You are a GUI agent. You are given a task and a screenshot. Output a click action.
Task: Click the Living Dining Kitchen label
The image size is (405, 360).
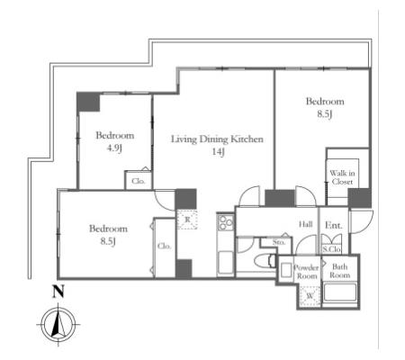click(x=217, y=139)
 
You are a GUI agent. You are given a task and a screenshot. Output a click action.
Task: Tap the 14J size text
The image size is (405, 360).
click(x=218, y=152)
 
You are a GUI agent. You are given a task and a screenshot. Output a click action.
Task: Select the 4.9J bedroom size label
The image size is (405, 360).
click(x=114, y=148)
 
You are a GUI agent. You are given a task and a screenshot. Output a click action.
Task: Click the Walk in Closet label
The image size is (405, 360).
click(x=342, y=177)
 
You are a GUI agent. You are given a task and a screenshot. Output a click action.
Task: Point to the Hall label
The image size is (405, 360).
click(x=305, y=224)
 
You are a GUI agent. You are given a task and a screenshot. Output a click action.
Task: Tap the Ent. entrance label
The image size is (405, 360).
click(x=334, y=225)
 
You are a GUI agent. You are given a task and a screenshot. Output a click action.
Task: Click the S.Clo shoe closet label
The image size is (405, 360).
click(x=331, y=249)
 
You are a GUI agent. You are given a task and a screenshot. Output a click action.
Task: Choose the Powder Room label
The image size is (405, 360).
click(x=306, y=272)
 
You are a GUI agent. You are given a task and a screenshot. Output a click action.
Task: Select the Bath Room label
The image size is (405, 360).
click(x=340, y=271)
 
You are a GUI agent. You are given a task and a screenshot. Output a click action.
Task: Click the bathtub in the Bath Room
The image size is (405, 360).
click(x=340, y=292)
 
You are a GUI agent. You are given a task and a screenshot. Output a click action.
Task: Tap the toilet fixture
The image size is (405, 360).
click(x=265, y=260)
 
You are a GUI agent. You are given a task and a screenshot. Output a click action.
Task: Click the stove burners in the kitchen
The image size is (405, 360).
click(x=226, y=222)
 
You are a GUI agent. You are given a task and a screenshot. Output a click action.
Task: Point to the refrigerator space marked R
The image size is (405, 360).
click(x=187, y=220)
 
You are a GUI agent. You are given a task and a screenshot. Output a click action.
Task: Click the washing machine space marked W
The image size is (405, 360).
click(x=310, y=296)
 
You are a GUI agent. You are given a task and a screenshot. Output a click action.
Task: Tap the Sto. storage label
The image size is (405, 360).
click(x=279, y=242)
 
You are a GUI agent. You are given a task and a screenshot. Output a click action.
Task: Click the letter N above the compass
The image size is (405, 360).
click(x=58, y=291)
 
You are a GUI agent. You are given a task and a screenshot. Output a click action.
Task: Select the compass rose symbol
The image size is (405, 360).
click(x=58, y=325)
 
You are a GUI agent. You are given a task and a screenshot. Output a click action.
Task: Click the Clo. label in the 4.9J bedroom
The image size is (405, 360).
click(x=139, y=181)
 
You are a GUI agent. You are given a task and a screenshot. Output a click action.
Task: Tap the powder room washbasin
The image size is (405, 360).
click(x=286, y=270)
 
